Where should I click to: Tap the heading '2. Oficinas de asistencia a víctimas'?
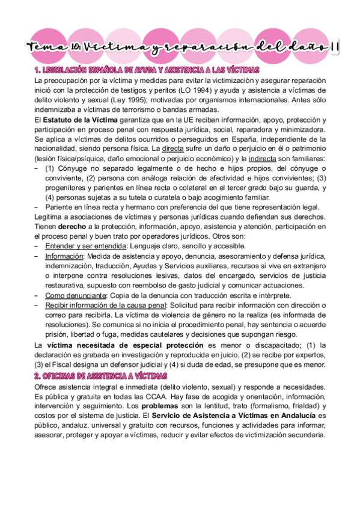100,376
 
